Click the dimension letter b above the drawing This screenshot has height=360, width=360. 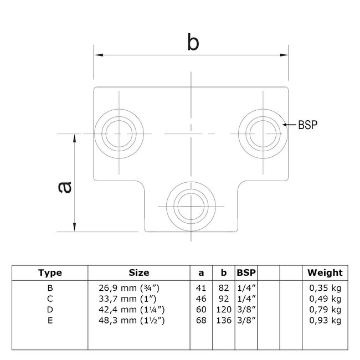click(x=192, y=43)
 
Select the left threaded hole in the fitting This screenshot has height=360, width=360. click(x=119, y=133)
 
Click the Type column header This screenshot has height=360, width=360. click(x=50, y=272)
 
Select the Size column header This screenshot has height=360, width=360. click(x=138, y=272)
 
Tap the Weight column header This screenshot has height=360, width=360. click(x=325, y=272)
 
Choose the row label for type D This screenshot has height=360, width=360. click(x=50, y=308)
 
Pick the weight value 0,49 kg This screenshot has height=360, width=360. click(x=325, y=298)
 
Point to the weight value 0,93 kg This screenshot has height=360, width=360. click(x=325, y=320)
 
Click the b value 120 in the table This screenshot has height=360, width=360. click(x=224, y=308)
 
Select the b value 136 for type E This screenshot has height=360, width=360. click(x=224, y=320)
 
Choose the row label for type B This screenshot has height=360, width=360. click(x=50, y=287)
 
